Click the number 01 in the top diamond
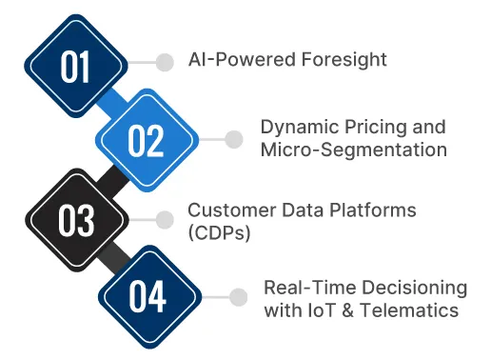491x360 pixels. pos(75,67)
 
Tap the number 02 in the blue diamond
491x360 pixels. pos(147,141)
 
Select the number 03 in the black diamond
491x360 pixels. pos(75,219)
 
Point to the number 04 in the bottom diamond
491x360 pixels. pos(147,296)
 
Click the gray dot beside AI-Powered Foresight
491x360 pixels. pos(165,62)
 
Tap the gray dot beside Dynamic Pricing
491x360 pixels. pos(235,139)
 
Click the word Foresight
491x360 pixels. pos(341,61)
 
